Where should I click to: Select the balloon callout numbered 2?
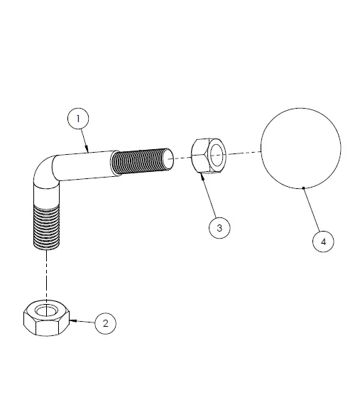106,323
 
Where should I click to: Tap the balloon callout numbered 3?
219,227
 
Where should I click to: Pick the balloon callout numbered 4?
323,242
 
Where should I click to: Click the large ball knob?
301,148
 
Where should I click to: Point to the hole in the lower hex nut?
47,310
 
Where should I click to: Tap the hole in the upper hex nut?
216,153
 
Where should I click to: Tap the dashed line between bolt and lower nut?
47,273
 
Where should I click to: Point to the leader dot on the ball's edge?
304,188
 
